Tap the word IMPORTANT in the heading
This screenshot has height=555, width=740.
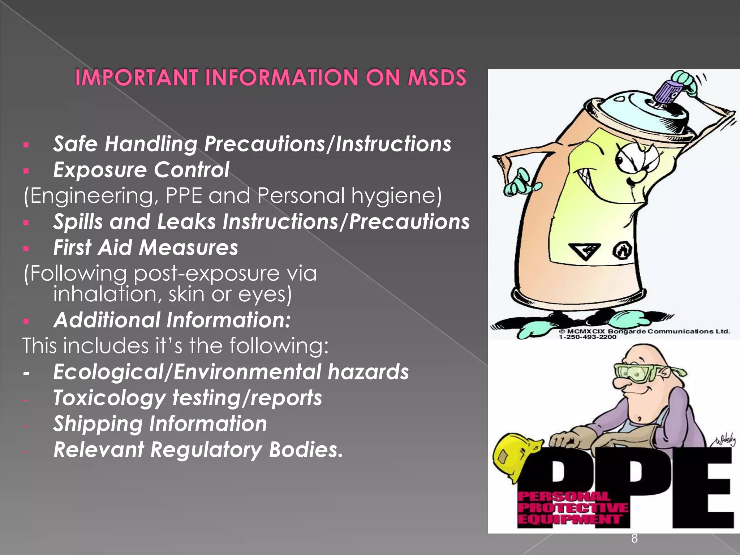coord(137,77)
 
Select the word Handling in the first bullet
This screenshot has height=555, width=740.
coord(151,144)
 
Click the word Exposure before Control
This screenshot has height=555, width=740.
coord(100,170)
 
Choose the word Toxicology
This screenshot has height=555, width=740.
coord(109,398)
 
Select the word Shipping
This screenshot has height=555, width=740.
coord(98,423)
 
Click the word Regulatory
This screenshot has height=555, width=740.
coord(206,449)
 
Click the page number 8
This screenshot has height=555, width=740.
coord(634,538)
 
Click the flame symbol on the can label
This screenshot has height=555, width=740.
coord(623,250)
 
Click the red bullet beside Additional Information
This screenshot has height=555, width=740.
coord(26,321)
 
